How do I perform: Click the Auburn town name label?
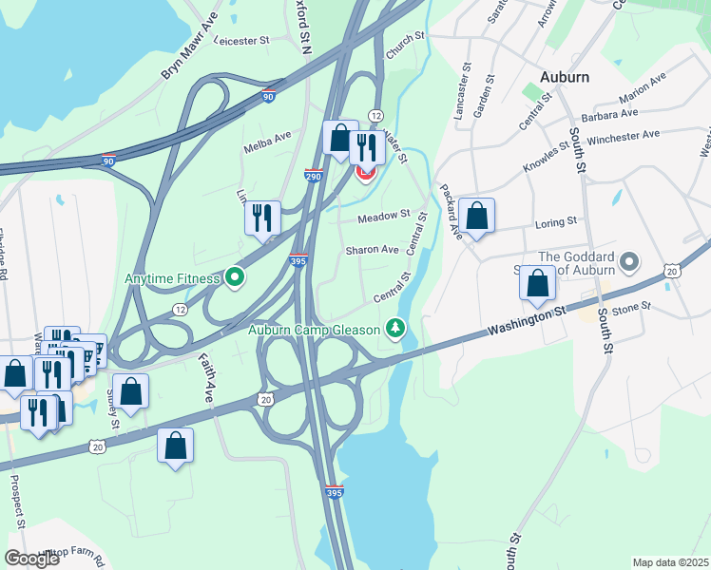(564, 76)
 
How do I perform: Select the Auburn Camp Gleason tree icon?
(395, 330)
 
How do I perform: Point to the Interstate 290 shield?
(314, 176)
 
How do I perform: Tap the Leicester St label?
(243, 41)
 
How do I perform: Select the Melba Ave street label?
(268, 140)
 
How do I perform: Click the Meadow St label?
(384, 218)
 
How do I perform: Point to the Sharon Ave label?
(372, 250)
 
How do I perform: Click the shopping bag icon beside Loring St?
(477, 215)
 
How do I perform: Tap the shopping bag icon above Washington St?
(537, 282)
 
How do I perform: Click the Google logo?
(32, 558)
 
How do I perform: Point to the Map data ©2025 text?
(671, 562)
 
